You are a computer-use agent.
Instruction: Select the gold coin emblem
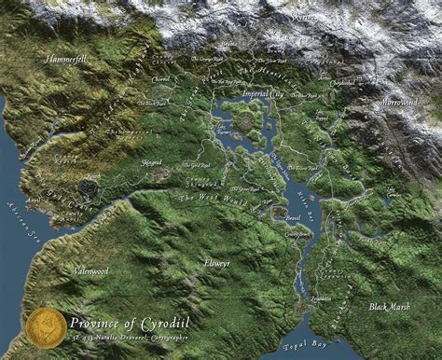[46, 325]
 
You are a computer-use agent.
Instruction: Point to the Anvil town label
[35, 199]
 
